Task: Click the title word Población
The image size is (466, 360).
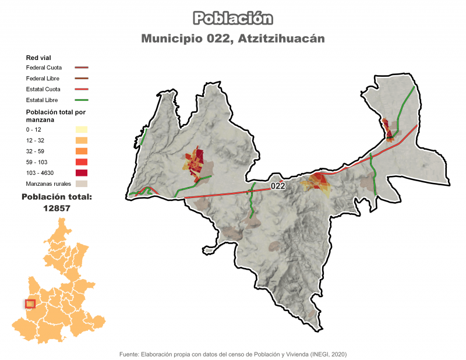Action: [x=232, y=18]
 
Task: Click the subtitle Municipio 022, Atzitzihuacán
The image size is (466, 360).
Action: [x=232, y=38]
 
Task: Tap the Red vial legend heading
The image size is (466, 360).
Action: [x=38, y=58]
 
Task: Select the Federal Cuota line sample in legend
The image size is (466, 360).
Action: [x=81, y=68]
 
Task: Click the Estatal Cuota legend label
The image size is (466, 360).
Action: [x=44, y=89]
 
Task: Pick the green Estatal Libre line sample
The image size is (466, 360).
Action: [x=81, y=100]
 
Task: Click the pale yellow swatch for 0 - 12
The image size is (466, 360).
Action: [x=81, y=129]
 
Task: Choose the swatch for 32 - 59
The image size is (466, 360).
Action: [x=81, y=151]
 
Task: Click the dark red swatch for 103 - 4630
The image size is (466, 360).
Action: [x=81, y=173]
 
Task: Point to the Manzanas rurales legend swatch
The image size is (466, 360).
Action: [x=81, y=184]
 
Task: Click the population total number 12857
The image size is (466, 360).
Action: [x=57, y=208]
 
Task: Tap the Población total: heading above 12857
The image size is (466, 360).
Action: [x=57, y=197]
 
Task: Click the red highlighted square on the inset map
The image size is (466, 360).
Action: [x=30, y=303]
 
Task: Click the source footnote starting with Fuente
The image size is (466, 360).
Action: [x=233, y=354]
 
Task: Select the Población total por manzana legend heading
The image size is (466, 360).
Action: [x=56, y=115]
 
